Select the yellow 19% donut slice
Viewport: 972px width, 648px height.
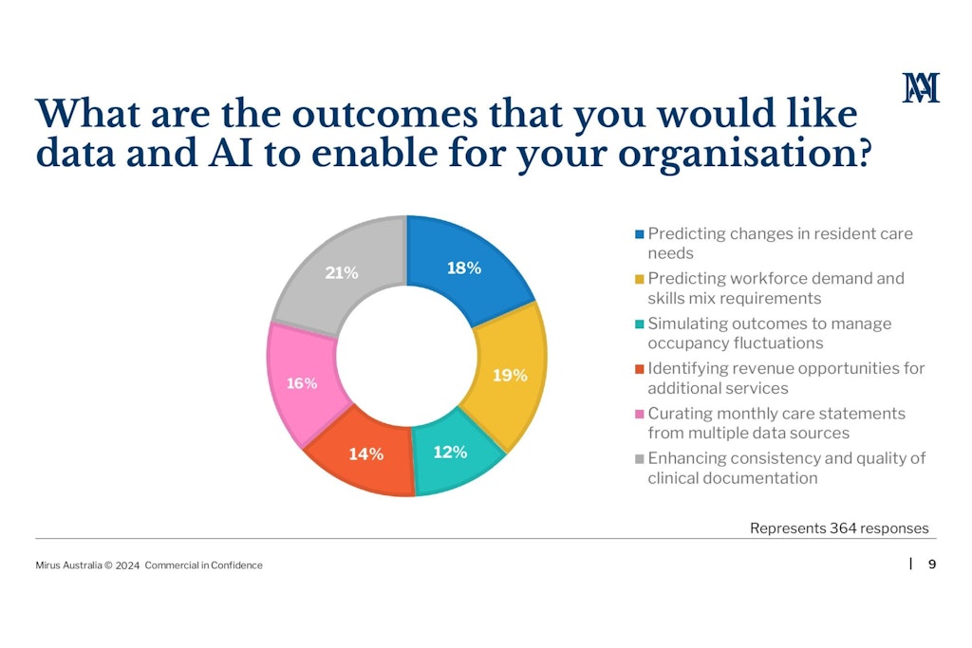(509, 375)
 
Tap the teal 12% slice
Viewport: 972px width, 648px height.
(451, 453)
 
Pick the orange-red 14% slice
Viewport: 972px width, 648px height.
(365, 454)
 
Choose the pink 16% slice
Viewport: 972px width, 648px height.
(302, 383)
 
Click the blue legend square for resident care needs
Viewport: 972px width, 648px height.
(640, 234)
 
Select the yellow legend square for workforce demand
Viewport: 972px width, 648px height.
(640, 279)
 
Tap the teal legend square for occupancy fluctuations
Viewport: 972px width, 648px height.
(640, 324)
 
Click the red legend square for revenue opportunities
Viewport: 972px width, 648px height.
(640, 368)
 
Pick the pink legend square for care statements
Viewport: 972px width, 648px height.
(640, 414)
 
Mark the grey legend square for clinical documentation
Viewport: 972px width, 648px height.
(640, 458)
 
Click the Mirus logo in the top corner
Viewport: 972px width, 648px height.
(921, 87)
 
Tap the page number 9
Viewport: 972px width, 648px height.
(931, 565)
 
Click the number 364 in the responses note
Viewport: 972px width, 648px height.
(844, 528)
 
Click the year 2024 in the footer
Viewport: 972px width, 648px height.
(128, 565)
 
